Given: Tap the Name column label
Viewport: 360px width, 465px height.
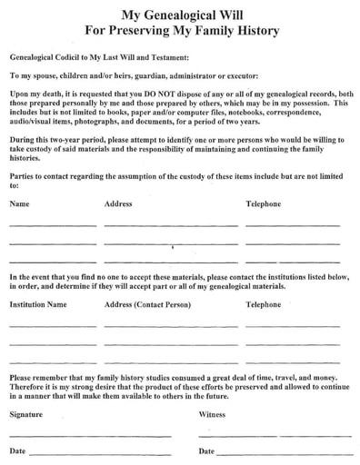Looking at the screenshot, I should click(x=19, y=203).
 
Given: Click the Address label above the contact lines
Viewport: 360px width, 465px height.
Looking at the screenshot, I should click(x=118, y=203).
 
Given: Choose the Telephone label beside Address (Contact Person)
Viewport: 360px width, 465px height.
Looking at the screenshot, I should click(x=264, y=306).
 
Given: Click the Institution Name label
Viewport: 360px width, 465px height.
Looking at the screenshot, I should click(x=38, y=306).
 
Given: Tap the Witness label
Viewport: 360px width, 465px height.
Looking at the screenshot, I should click(x=213, y=413).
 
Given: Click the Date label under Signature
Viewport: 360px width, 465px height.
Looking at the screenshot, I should click(x=17, y=450).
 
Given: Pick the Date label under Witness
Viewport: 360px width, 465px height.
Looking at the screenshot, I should click(x=206, y=450).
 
